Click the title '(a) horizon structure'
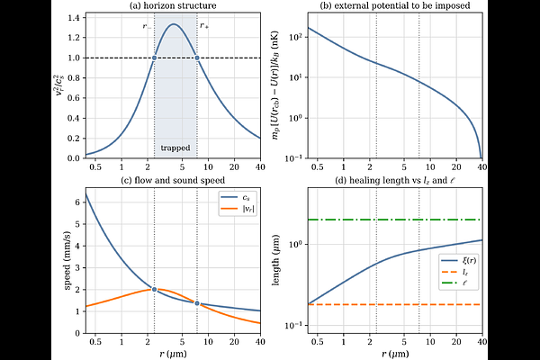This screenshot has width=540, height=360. click(173, 5)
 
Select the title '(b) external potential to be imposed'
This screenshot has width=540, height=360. click(395, 5)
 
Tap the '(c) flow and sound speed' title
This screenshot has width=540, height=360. click(173, 180)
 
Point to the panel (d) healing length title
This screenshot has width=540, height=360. click(395, 180)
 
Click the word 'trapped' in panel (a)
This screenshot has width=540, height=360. click(175, 148)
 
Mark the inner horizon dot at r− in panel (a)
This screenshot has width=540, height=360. click(154, 58)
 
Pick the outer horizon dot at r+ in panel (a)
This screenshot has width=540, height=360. click(197, 58)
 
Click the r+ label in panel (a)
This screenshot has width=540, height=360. click(204, 26)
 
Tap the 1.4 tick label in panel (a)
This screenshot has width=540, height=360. click(75, 18)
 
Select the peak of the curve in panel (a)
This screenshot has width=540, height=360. click(173, 23)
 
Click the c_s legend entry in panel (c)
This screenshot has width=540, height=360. click(237, 198)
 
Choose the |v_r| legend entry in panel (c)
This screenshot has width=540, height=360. click(237, 208)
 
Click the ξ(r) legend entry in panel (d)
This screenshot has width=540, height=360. click(459, 260)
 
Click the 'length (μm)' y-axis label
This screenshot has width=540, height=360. click(275, 260)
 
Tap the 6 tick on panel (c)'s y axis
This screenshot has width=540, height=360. click(77, 202)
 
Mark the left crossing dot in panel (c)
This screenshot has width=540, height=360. click(154, 290)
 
